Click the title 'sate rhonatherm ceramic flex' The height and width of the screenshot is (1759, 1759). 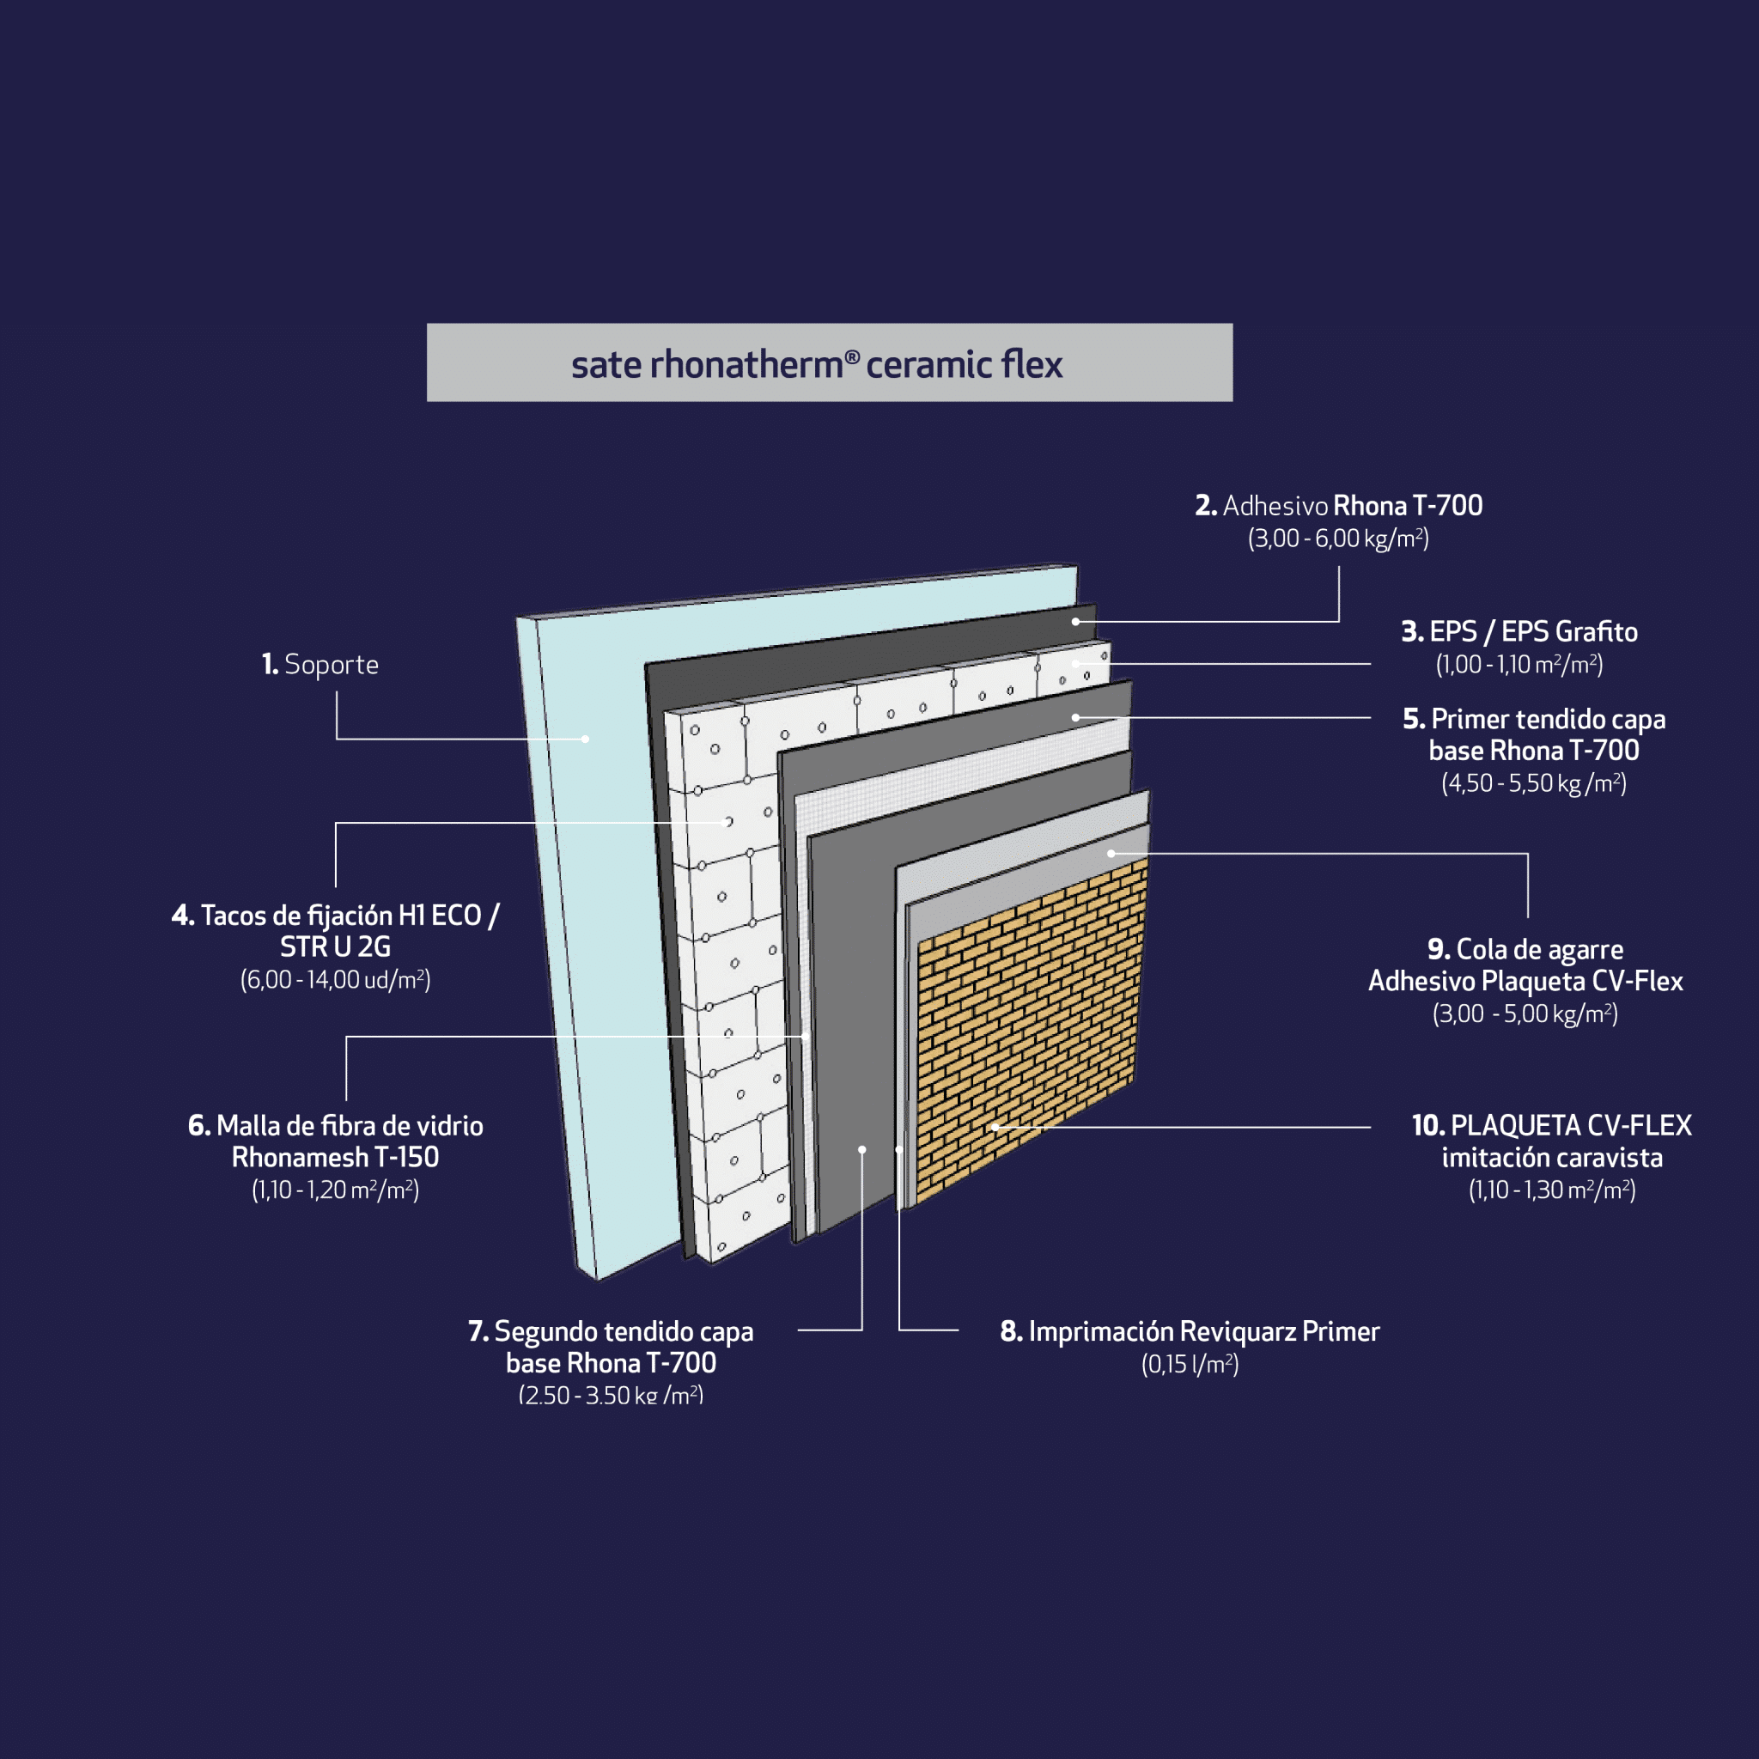pos(817,364)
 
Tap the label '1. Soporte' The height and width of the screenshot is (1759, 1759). pos(320,665)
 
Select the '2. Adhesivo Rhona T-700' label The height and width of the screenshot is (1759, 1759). pos(1338,506)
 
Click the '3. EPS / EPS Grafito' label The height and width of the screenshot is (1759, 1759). pos(1519,632)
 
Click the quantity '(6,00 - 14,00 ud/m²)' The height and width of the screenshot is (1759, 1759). pos(335,980)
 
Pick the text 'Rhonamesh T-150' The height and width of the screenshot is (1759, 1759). pos(335,1157)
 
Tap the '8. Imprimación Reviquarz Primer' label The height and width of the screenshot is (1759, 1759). pos(1189,1331)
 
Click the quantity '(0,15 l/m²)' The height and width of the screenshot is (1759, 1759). pos(1189,1364)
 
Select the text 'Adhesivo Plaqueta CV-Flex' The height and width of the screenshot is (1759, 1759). pos(1525,982)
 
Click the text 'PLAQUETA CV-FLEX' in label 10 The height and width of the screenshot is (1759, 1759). pos(1571,1126)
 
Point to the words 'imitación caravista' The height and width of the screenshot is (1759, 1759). pos(1551,1158)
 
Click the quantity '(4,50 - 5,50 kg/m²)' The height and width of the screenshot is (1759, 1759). pos(1533,783)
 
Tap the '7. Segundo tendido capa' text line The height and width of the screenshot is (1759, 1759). pos(611,1331)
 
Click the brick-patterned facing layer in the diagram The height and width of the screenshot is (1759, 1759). pos(1029,1029)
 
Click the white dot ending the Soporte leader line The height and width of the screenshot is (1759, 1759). pos(586,740)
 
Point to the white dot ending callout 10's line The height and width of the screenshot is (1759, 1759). pos(995,1127)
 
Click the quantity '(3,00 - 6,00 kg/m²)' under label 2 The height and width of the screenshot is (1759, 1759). pos(1338,539)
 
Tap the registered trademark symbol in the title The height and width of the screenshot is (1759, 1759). pos(852,357)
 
